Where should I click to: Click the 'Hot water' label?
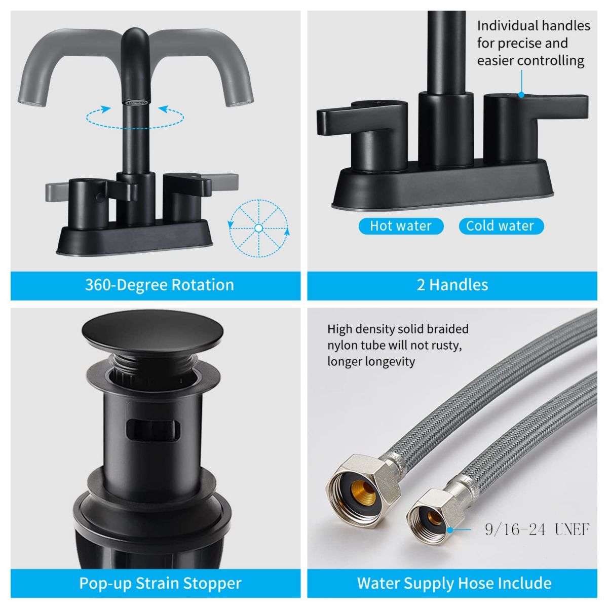401,226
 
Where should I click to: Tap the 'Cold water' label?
501,226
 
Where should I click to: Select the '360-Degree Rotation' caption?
159,285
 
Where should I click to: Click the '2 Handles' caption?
452,285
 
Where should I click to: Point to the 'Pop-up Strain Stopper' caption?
160,583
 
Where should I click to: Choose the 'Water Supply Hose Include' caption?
454,583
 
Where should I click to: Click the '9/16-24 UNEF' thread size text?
537,529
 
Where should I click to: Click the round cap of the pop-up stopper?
153,330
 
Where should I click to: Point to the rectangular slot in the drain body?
153,430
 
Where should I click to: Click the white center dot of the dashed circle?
258,228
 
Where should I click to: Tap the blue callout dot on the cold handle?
521,94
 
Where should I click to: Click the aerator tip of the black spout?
135,102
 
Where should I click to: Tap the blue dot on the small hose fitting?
449,529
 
